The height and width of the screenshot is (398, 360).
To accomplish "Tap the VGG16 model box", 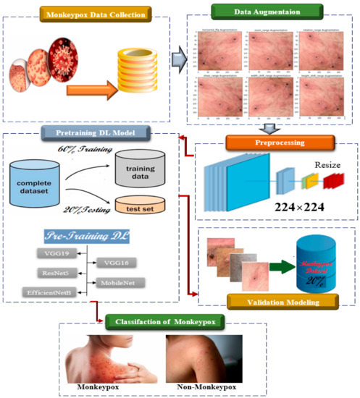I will [115, 263].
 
